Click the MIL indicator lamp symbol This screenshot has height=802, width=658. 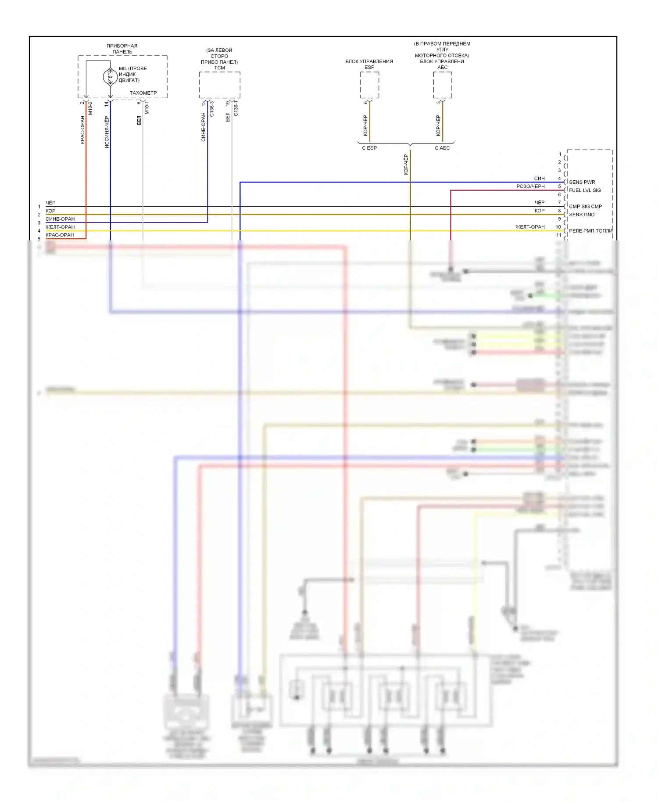(x=110, y=76)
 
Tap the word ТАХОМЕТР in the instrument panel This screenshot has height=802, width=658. (x=143, y=93)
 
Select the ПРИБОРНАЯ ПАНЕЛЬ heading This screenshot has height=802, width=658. (x=122, y=49)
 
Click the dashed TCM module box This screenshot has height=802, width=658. (x=219, y=85)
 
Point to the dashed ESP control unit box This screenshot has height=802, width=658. (x=369, y=85)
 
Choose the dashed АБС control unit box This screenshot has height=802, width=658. (x=442, y=85)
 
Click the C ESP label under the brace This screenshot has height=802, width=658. (x=369, y=148)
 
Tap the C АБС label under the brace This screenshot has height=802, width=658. (x=442, y=148)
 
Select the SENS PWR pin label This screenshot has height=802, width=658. (x=582, y=182)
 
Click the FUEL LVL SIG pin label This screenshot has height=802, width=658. (x=585, y=190)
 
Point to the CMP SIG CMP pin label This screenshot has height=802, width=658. (x=585, y=207)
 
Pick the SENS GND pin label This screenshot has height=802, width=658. (x=582, y=215)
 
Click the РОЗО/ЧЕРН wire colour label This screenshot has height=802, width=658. (x=530, y=186)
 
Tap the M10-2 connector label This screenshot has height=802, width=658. (x=90, y=108)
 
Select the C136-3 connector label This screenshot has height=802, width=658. (x=211, y=108)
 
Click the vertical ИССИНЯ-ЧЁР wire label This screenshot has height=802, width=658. (x=107, y=132)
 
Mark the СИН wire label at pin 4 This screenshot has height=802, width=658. (x=539, y=179)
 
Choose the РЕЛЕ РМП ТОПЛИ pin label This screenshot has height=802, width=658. (x=590, y=231)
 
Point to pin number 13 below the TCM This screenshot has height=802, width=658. (x=204, y=104)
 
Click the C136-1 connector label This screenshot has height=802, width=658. (x=236, y=108)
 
